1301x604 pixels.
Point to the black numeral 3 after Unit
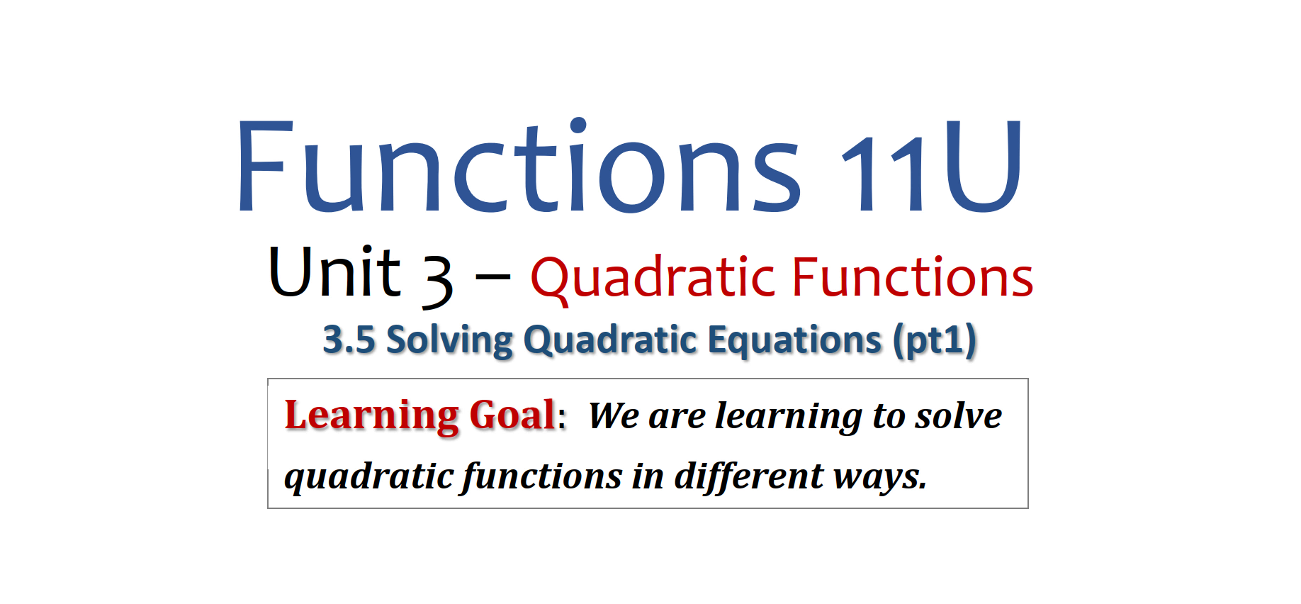tap(437, 281)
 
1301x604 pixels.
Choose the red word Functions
tap(913, 276)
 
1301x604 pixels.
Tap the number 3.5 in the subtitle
tap(349, 340)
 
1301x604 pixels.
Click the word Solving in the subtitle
tap(449, 341)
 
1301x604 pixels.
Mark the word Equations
tap(794, 340)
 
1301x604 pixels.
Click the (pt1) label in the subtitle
tap(935, 341)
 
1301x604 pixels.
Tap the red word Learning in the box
tap(371, 416)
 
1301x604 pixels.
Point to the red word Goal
tap(512, 415)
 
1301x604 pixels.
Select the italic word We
tap(614, 416)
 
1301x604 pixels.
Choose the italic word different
tap(748, 476)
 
